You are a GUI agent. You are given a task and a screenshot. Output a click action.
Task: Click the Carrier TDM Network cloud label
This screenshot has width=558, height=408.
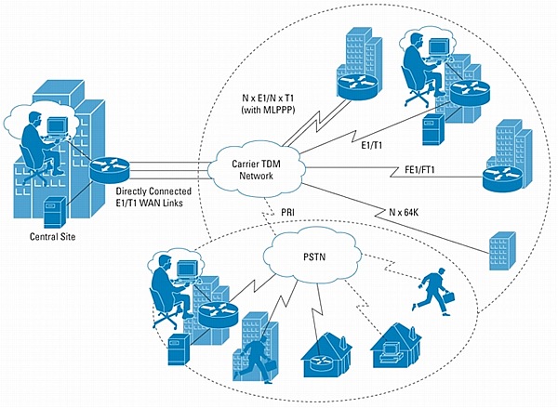click(256, 170)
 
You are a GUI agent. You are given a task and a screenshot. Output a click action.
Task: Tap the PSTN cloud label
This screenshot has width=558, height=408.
click(314, 257)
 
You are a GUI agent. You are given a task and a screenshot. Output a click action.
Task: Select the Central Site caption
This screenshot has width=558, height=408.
click(53, 237)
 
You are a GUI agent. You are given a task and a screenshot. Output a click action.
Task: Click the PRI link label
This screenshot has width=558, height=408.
click(287, 212)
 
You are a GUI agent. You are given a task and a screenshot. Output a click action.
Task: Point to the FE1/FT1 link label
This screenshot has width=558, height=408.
click(420, 170)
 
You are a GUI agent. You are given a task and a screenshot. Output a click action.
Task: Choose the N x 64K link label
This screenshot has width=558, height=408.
click(404, 212)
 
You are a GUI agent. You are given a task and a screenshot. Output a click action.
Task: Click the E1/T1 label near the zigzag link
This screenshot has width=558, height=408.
click(371, 145)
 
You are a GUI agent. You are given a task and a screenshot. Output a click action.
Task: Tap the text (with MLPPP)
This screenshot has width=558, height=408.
click(268, 110)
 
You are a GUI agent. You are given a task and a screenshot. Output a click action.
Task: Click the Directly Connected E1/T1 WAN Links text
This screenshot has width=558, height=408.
click(153, 197)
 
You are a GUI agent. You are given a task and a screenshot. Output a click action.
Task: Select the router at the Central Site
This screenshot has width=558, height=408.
click(110, 169)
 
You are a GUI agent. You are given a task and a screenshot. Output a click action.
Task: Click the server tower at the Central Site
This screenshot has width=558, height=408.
click(55, 212)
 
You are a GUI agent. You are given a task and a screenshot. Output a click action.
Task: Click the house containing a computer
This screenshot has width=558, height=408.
click(396, 346)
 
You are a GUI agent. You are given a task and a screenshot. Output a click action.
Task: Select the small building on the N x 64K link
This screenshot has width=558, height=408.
click(502, 251)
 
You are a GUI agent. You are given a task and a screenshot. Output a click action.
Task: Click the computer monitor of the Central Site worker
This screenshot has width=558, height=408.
click(58, 125)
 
